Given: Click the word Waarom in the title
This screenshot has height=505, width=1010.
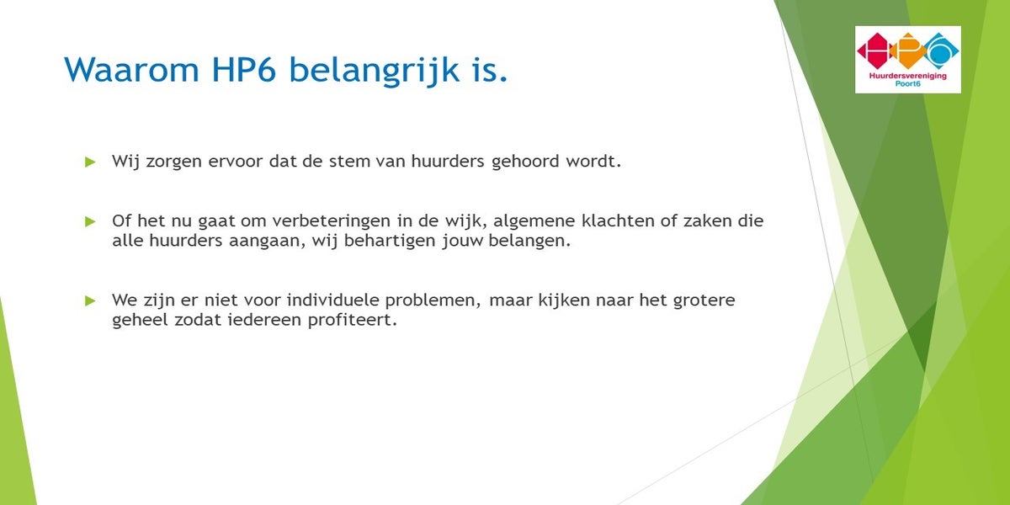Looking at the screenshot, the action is (131, 69).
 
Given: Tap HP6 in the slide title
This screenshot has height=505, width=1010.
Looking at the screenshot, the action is (243, 69).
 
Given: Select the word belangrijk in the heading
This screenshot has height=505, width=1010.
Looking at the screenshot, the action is (375, 72).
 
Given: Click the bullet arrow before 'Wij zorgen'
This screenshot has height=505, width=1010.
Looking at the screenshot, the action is (90, 162).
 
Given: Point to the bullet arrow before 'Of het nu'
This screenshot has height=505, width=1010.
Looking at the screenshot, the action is (90, 221).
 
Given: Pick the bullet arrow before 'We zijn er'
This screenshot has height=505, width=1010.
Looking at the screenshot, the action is (90, 300).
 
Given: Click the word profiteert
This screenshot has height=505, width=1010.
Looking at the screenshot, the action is (352, 321).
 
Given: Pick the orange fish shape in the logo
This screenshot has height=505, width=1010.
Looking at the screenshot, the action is (907, 50).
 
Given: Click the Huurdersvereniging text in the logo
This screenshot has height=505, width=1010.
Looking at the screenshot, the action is (907, 76).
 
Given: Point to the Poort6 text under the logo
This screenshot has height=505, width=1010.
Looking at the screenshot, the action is (907, 83).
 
